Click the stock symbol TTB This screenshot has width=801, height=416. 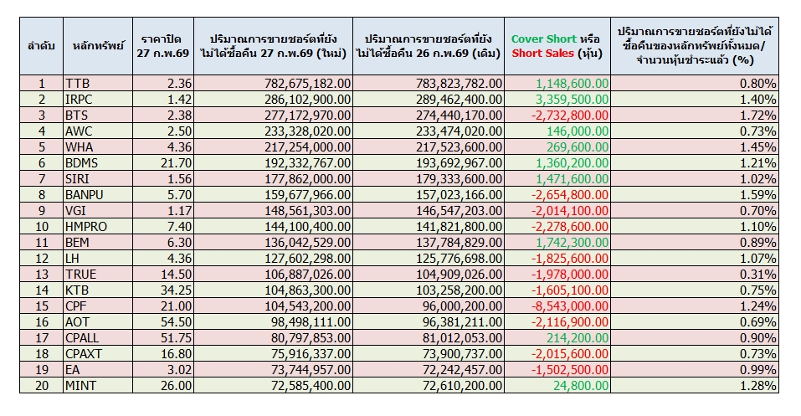pos(75,84)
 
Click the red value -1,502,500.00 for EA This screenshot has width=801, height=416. pos(577,370)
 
